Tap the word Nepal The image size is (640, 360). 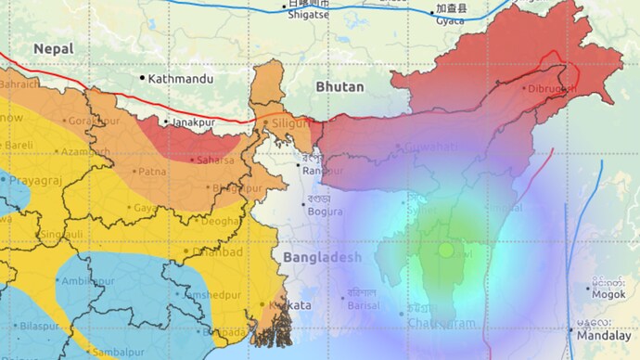[x=54, y=47]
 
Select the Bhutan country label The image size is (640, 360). [x=339, y=86]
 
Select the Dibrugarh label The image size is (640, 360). [x=551, y=88]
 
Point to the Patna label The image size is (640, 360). [x=153, y=172]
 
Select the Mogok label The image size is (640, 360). [x=608, y=292]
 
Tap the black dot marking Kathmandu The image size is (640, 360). [x=143, y=78]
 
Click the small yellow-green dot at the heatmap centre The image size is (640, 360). [x=446, y=250]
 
